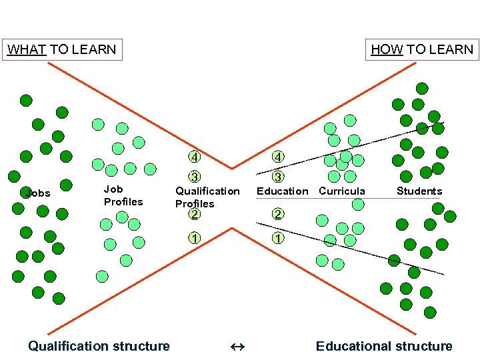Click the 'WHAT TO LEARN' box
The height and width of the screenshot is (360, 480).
click(62, 49)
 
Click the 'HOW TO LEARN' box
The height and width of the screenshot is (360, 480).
click(422, 49)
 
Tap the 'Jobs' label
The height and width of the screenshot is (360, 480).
click(37, 193)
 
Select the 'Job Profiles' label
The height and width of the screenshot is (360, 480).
click(123, 195)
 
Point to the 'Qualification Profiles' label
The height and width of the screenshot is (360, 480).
click(207, 197)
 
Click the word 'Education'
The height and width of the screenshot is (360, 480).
click(283, 191)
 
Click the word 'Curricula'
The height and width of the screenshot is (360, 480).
click(342, 191)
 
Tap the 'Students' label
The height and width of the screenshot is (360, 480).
click(419, 191)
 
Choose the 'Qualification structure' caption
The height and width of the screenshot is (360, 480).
click(99, 345)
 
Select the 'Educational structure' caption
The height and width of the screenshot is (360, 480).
click(384, 345)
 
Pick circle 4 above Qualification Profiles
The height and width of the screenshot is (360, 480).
click(194, 157)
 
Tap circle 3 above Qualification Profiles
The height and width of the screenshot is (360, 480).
click(194, 177)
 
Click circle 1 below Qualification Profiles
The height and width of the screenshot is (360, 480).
click(194, 237)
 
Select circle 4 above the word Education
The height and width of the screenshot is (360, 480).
click(278, 157)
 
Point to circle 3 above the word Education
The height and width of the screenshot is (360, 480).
click(278, 177)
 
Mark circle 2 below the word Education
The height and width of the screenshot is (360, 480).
click(278, 214)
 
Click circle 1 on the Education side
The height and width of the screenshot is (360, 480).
click(278, 237)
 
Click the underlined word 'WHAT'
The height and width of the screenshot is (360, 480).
click(26, 49)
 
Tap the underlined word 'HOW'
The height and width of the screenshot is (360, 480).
click(387, 49)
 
